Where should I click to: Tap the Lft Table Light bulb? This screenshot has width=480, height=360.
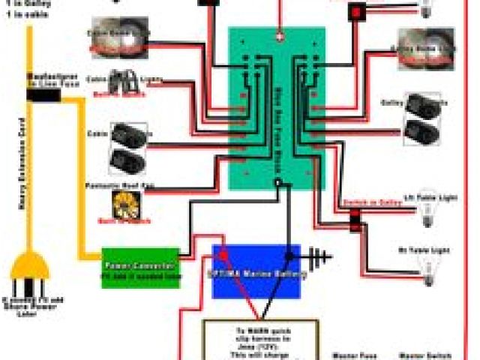tap(427, 199)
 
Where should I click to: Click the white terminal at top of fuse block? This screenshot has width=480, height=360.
tap(279, 35)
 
